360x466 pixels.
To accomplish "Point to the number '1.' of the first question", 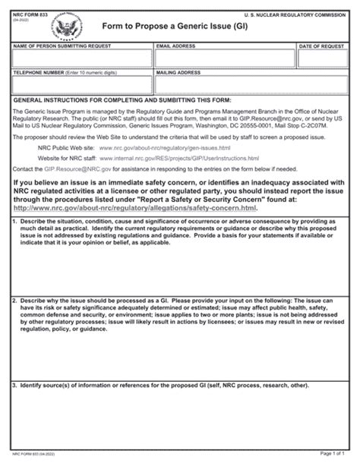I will click(16, 221).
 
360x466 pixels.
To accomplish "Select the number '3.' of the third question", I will click(16, 385).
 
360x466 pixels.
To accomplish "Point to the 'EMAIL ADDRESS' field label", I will click(174, 46).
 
